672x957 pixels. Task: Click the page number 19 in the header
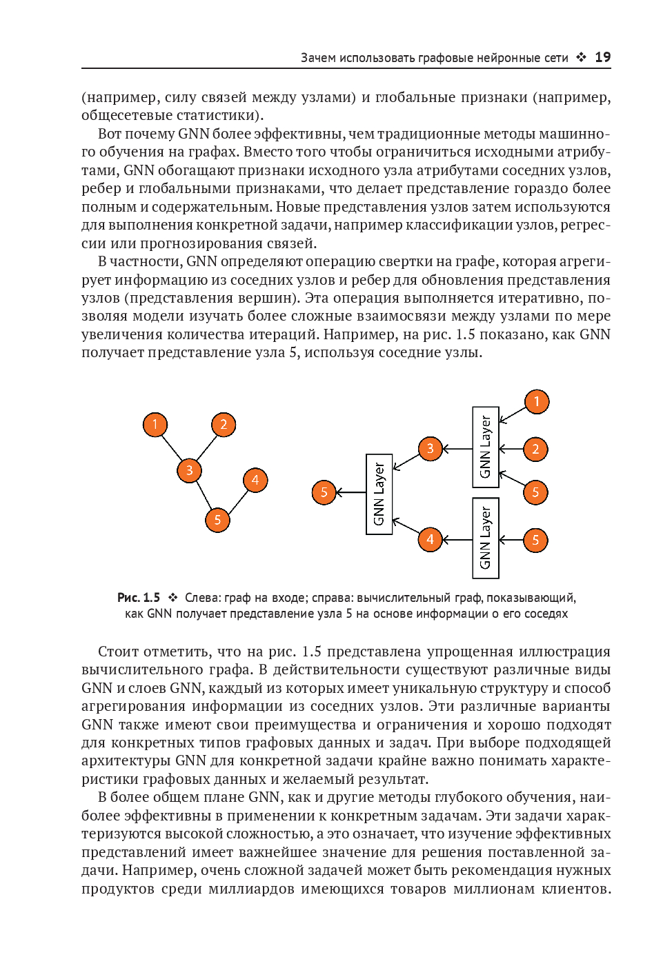[602, 57]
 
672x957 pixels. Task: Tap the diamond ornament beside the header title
[582, 57]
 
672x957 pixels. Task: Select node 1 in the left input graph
[155, 424]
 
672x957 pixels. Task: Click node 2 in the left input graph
[224, 424]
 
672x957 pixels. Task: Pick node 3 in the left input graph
[189, 470]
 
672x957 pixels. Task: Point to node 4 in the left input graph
[255, 480]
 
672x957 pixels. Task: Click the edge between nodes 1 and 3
[171, 446]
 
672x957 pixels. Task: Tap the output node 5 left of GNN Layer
[324, 492]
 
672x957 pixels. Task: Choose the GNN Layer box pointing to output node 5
[379, 494]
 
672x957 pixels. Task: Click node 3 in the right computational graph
[431, 449]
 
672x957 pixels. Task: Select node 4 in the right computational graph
[431, 539]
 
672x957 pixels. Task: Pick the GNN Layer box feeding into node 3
[486, 447]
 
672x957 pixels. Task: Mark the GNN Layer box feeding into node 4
[486, 538]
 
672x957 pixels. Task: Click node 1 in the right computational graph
[537, 401]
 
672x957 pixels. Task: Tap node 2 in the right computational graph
[535, 450]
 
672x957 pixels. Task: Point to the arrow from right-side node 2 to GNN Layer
[511, 450]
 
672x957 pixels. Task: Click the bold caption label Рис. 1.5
[139, 598]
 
